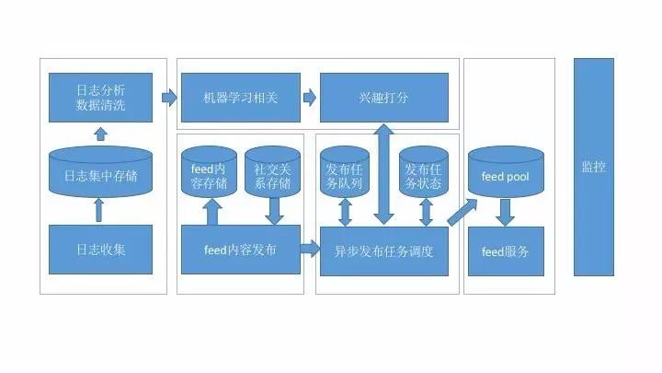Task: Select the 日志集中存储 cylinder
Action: (x=100, y=175)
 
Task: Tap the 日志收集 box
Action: (x=100, y=250)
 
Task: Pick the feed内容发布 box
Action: (x=240, y=250)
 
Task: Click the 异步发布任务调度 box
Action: (x=383, y=250)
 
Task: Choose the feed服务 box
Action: (x=505, y=250)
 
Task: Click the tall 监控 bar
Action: (x=593, y=167)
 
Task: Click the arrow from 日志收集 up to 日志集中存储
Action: (x=100, y=211)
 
